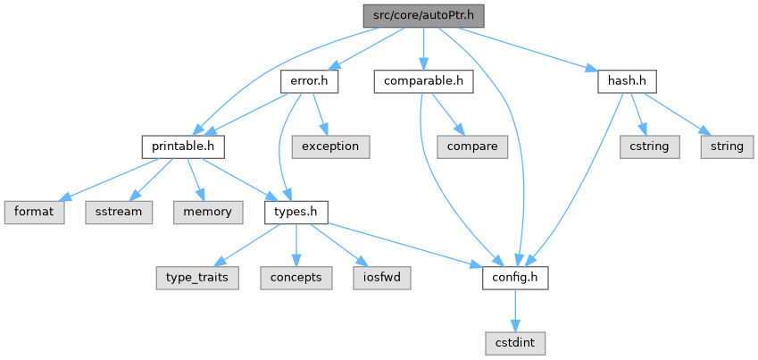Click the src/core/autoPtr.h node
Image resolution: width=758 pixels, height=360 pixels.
click(x=424, y=15)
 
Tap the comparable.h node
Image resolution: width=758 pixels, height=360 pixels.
click(x=422, y=81)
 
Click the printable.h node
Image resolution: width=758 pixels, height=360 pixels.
click(x=183, y=146)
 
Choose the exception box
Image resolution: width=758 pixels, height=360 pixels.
click(x=330, y=146)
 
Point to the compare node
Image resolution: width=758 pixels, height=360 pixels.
click(x=473, y=146)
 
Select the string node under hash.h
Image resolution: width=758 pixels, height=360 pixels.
click(x=726, y=146)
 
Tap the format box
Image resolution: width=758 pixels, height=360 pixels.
click(x=34, y=212)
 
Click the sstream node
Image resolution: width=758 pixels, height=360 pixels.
click(x=116, y=212)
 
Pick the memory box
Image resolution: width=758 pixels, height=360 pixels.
click(x=207, y=212)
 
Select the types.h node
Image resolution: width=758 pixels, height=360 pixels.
click(x=296, y=212)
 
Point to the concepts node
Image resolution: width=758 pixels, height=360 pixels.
click(x=296, y=278)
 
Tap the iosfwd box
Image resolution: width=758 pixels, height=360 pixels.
click(x=382, y=278)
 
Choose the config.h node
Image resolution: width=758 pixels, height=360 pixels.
click(x=514, y=278)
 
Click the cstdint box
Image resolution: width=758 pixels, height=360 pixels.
click(x=514, y=342)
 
